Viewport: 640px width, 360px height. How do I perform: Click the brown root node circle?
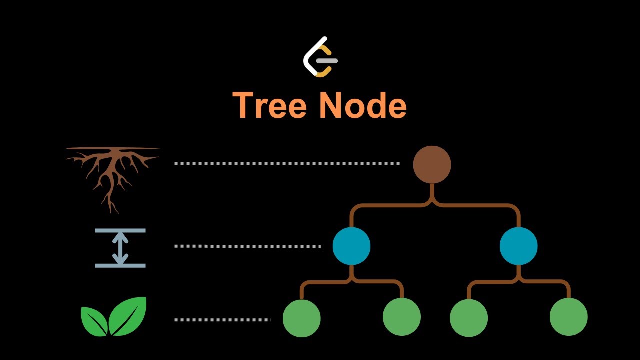click(432, 165)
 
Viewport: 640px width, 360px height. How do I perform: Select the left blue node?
click(351, 246)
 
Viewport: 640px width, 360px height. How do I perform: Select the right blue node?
click(518, 246)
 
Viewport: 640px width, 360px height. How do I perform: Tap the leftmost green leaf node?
click(301, 318)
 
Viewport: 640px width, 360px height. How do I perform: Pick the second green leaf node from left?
click(401, 317)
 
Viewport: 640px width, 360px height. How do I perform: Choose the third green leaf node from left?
click(468, 318)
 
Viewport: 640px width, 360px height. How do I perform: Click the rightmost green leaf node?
click(568, 317)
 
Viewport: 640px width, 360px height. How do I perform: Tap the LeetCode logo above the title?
click(320, 57)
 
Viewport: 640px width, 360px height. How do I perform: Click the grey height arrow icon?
click(120, 248)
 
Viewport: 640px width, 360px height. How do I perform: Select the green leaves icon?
click(114, 316)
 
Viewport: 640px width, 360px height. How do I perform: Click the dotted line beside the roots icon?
click(287, 163)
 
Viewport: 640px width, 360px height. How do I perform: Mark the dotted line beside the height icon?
click(247, 246)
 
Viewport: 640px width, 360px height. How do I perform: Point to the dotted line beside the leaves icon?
click(222, 320)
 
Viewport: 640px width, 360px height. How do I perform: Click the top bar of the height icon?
click(120, 231)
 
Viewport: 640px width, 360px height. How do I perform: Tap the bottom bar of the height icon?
click(120, 265)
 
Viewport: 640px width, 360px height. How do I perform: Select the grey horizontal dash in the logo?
click(328, 61)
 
